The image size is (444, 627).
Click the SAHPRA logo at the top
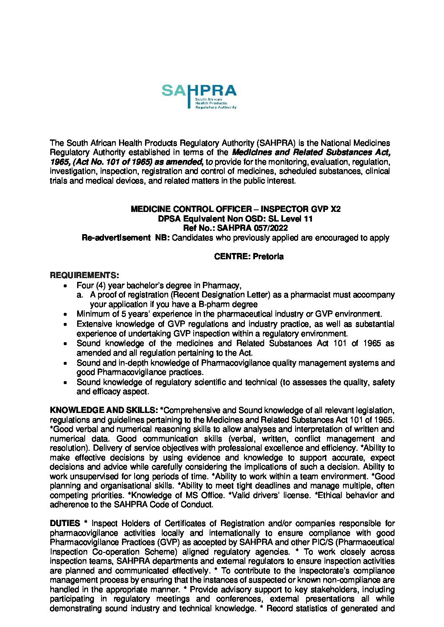click(x=199, y=96)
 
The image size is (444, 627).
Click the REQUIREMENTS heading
click(x=84, y=275)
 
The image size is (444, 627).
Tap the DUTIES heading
click(x=65, y=523)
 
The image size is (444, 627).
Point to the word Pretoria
click(x=268, y=256)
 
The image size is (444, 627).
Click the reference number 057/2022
click(x=270, y=228)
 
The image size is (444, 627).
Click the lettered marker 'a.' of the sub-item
click(x=80, y=295)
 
